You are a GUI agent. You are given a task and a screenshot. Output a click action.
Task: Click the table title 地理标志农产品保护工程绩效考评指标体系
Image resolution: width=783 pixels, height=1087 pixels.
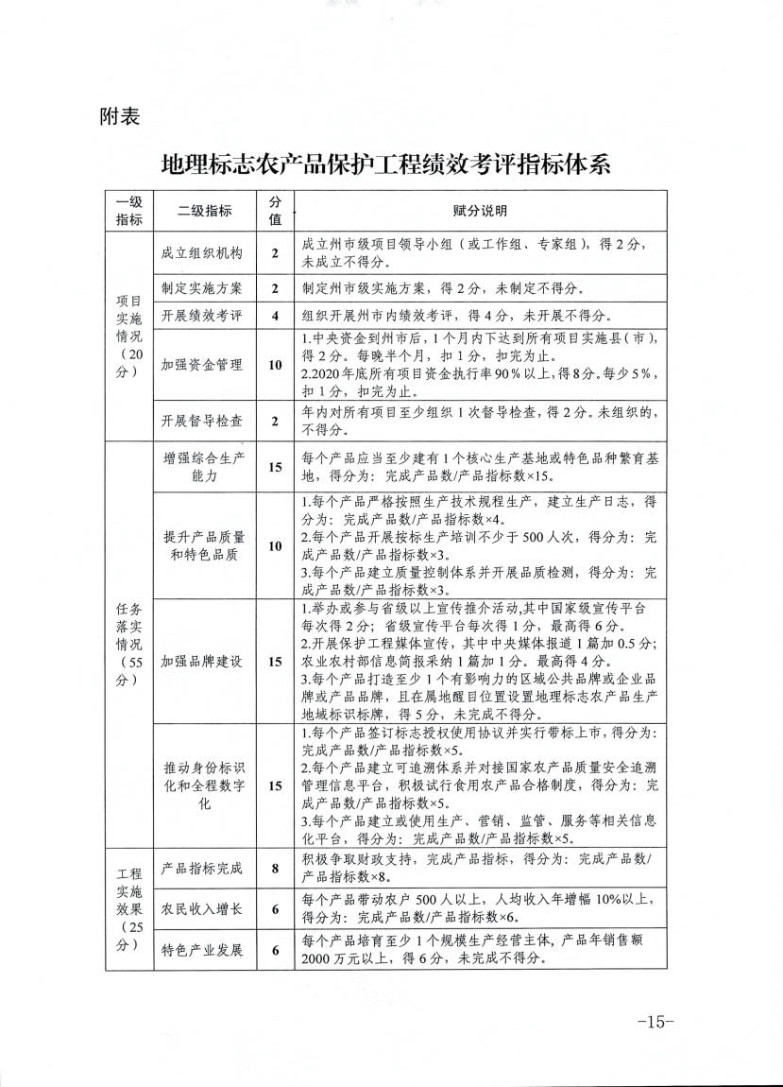386,164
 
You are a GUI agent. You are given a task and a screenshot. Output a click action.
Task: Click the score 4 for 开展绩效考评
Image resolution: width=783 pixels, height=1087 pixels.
275,316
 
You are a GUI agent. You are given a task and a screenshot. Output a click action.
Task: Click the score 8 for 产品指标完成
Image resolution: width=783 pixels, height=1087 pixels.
275,867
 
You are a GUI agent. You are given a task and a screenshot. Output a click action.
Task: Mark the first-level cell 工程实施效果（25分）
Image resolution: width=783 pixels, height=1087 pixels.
128,908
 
